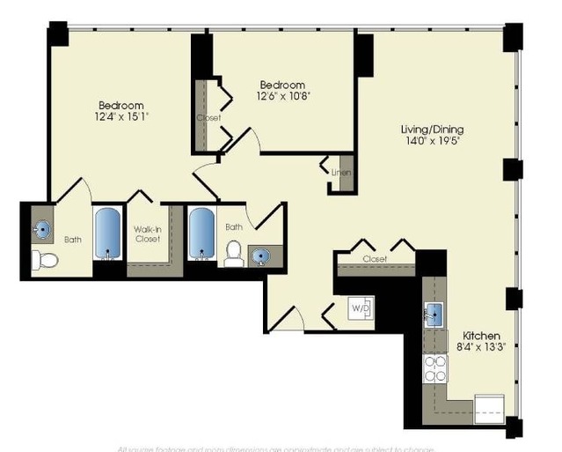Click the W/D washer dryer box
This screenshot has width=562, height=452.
coord(361,308)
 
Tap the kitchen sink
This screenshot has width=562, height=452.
coord(434,313)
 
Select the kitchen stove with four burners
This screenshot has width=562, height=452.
coord(434,367)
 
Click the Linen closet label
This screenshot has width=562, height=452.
coord(341,173)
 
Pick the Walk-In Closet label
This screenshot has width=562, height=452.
coord(147,234)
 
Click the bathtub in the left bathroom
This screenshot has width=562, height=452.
coord(107,235)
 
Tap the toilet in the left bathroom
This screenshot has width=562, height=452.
coord(46,259)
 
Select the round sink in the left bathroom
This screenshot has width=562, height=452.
coord(42,230)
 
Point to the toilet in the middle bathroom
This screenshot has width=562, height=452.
coord(234,253)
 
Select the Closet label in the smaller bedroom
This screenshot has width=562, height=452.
coord(208,117)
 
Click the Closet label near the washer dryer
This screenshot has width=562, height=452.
coord(375,259)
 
